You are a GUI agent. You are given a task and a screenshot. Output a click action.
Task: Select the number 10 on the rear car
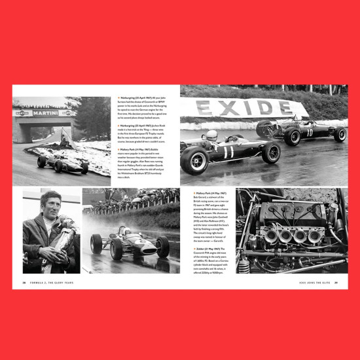310,132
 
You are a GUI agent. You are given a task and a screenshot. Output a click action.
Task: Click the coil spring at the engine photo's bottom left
244,266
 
